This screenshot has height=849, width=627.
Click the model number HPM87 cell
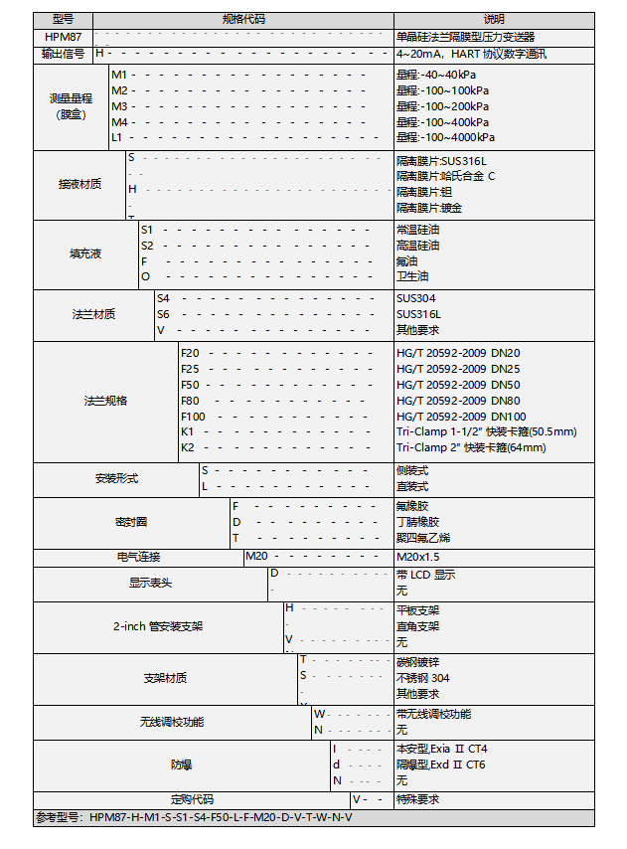click(x=63, y=37)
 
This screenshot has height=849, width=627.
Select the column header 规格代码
click(x=242, y=20)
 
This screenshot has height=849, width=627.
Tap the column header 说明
click(x=494, y=20)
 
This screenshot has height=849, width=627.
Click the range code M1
click(x=118, y=75)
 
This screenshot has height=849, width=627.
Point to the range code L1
click(x=117, y=137)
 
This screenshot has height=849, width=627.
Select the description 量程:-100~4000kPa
click(x=445, y=137)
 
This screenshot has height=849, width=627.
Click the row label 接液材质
click(x=79, y=184)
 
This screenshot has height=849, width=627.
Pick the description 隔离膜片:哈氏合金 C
click(x=445, y=176)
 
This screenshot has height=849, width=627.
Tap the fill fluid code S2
click(x=147, y=245)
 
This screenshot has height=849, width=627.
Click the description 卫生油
click(x=411, y=276)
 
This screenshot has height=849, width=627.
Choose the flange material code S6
click(x=163, y=314)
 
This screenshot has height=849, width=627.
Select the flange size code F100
click(x=193, y=417)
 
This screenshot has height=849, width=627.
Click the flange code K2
click(x=188, y=447)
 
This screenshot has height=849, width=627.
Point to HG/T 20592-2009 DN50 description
click(x=458, y=385)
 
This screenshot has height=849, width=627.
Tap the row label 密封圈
click(x=131, y=521)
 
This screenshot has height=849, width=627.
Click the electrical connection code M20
click(x=256, y=557)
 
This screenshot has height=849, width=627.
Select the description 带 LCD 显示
click(x=425, y=575)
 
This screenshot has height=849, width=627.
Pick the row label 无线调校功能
click(x=172, y=722)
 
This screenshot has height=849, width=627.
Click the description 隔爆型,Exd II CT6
click(x=441, y=764)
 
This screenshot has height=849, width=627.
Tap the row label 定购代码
click(x=192, y=799)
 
